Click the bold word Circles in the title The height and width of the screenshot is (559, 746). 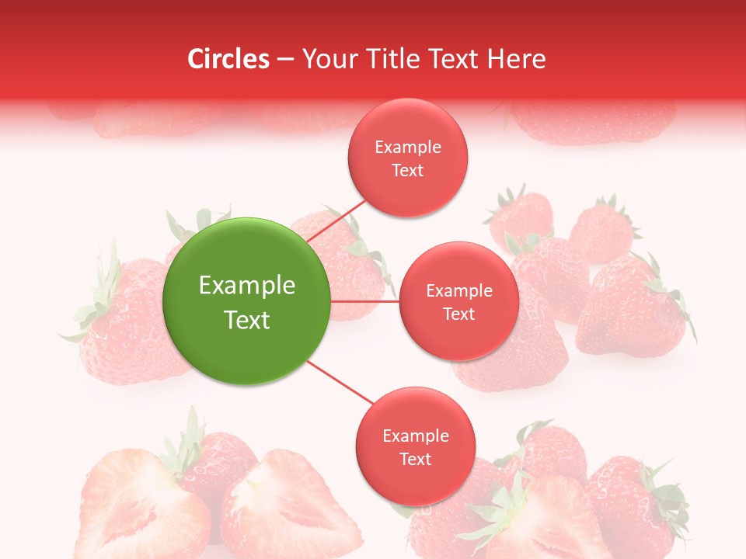tap(228, 59)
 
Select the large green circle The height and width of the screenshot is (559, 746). tap(247, 301)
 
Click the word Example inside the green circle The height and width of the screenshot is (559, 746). tap(247, 285)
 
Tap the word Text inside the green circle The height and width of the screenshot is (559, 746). tap(247, 319)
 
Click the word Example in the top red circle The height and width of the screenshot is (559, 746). tap(408, 147)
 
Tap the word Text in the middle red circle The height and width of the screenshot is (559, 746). tap(458, 314)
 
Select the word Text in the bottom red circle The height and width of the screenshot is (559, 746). tap(415, 459)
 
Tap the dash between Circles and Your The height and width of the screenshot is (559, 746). tap(285, 59)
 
